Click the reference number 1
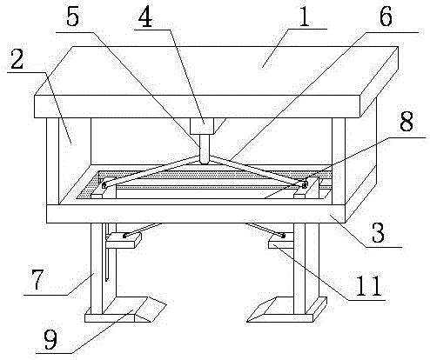[x=304, y=17]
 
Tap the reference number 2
[x=17, y=59]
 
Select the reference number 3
[x=378, y=232]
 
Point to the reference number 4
[x=145, y=18]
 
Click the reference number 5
[x=72, y=17]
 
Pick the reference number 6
[x=386, y=17]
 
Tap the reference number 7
[x=37, y=279]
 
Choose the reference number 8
[x=406, y=121]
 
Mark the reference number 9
[x=50, y=340]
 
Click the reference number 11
[x=368, y=286]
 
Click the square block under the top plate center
[x=202, y=125]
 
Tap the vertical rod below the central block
[x=205, y=149]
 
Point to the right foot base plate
[x=287, y=310]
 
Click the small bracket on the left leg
[x=123, y=241]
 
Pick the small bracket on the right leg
[x=281, y=241]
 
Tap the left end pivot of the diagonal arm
[x=104, y=186]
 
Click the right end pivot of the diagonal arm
[x=304, y=184]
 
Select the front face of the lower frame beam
[x=196, y=214]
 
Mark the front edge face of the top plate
[x=197, y=106]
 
